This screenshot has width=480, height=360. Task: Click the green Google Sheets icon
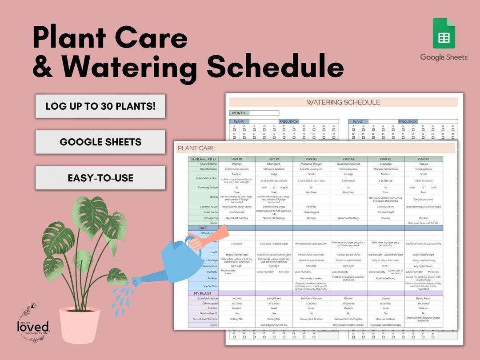coord(444,33)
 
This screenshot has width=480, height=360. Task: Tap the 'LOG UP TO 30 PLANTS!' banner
coord(100,106)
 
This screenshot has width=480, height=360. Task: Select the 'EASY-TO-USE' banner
coord(100,178)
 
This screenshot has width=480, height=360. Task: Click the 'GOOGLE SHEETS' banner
coord(100,142)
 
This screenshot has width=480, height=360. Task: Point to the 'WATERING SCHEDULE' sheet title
coord(343,102)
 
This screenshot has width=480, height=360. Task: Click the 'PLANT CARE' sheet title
coord(196,148)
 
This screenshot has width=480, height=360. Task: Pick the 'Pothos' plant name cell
coord(236,164)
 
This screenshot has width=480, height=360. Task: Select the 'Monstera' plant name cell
coord(274,164)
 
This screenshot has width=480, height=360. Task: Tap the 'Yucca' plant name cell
coord(423,164)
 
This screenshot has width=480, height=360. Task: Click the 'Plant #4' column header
coord(348,159)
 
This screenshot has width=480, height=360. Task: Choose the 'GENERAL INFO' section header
coord(203,159)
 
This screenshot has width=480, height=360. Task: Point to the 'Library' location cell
coord(386,299)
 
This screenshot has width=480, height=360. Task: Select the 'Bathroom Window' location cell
coord(311,299)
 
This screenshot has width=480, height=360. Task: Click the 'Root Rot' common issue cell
coord(311,207)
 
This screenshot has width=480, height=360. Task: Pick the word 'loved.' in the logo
coord(33,327)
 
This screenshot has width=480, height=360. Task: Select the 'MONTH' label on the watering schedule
coord(239,113)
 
